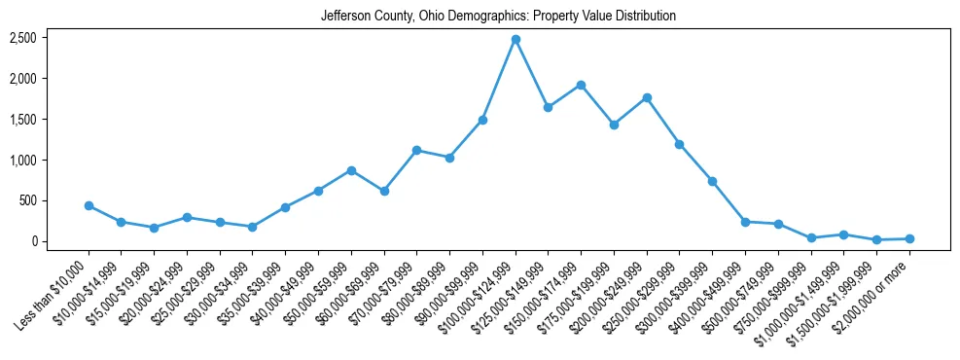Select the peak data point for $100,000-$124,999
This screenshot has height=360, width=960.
tap(516, 39)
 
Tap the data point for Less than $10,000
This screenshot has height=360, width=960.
tap(89, 205)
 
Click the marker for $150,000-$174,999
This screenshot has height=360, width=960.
tap(581, 85)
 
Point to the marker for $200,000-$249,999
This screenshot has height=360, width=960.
tap(647, 97)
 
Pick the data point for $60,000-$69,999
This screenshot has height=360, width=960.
tap(384, 191)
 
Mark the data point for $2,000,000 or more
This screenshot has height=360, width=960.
tap(909, 238)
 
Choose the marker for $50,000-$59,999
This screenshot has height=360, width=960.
tap(351, 170)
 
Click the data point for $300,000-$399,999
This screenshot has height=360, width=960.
tap(712, 181)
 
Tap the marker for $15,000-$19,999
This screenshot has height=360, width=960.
tap(154, 228)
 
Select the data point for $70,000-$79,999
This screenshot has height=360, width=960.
tap(416, 150)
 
